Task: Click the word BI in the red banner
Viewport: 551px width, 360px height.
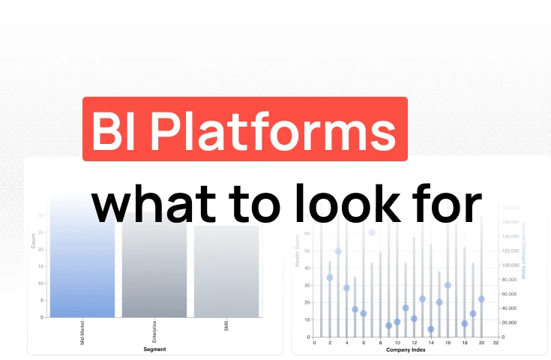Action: (112, 130)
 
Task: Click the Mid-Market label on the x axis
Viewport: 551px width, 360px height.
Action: (82, 331)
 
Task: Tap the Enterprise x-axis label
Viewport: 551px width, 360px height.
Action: (154, 331)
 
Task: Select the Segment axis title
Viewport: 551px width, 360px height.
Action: (154, 349)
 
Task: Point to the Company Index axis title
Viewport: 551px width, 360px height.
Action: (406, 349)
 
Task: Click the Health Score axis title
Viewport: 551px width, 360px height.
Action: (298, 251)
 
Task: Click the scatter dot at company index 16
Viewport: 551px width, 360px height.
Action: (448, 285)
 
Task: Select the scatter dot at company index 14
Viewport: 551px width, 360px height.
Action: (431, 329)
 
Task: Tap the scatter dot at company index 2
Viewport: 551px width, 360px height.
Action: (330, 277)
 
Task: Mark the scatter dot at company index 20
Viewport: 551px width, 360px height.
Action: (481, 298)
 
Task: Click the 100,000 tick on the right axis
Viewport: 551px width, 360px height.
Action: (511, 265)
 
